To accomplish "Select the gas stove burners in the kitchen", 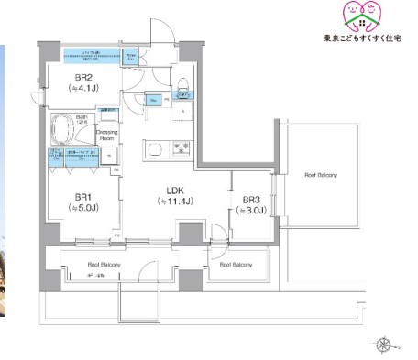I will pos(181,147).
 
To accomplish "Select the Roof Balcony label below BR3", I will pos(236,266).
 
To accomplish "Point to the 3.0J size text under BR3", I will pos(252,210).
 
